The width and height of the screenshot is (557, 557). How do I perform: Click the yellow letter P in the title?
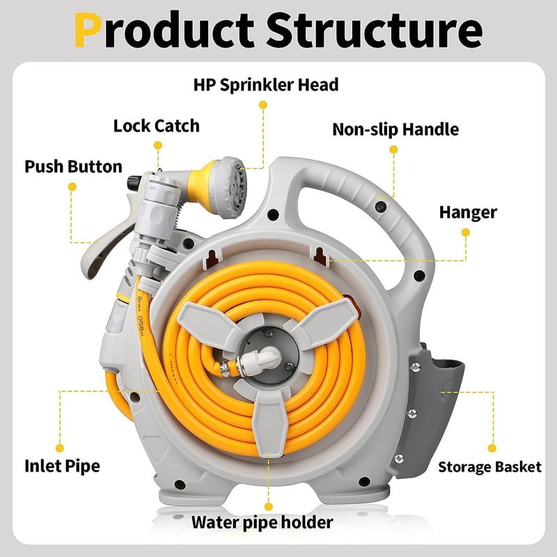point(90,30)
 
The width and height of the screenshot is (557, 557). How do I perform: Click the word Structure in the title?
point(374,30)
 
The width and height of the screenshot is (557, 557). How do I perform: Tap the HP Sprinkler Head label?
point(265,85)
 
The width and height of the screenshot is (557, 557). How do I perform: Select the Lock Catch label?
point(156,126)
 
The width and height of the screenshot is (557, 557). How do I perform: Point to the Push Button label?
point(73,167)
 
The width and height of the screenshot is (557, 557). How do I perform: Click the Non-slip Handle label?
point(395,130)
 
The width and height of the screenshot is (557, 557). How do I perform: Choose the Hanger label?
point(467,212)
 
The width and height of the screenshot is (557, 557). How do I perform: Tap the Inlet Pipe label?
point(62,466)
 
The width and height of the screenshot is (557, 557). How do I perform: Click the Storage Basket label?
point(489,467)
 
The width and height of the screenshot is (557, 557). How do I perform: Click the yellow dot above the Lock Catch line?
point(158,146)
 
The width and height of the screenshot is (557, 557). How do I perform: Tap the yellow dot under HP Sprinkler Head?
point(262,104)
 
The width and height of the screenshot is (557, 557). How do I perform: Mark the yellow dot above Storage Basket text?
point(492,448)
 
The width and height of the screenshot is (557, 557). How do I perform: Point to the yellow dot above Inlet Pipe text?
point(61,447)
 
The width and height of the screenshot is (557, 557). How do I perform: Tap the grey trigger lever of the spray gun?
point(97,251)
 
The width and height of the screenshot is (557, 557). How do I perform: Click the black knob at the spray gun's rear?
point(132,183)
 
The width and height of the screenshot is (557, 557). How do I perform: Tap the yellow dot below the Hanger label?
point(467,235)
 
